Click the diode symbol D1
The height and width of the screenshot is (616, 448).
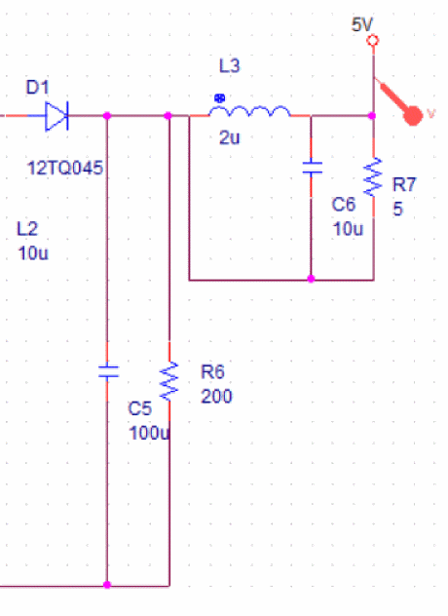pyautogui.click(x=56, y=116)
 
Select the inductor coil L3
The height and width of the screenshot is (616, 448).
pyautogui.click(x=249, y=111)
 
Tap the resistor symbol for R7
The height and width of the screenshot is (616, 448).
pyautogui.click(x=373, y=176)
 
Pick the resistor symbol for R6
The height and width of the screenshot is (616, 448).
pyautogui.click(x=169, y=381)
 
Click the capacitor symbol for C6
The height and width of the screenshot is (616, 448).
pyautogui.click(x=313, y=168)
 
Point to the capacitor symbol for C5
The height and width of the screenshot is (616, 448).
pyautogui.click(x=108, y=371)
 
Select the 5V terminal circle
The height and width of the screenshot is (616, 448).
pyautogui.click(x=373, y=41)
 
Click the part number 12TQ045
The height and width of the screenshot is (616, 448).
pyautogui.click(x=65, y=169)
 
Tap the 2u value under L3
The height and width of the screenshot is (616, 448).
pyautogui.click(x=229, y=137)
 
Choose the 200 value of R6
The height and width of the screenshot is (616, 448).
pyautogui.click(x=216, y=396)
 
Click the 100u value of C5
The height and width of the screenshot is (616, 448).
pyautogui.click(x=149, y=433)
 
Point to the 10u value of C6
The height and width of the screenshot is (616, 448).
pyautogui.click(x=348, y=229)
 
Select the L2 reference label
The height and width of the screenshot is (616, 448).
pyautogui.click(x=27, y=229)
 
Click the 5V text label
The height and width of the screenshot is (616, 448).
pyautogui.click(x=361, y=24)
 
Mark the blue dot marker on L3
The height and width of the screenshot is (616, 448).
pyautogui.click(x=219, y=98)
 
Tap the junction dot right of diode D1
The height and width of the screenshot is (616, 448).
pyautogui.click(x=107, y=116)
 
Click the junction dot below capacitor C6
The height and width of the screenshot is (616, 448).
pyautogui.click(x=311, y=279)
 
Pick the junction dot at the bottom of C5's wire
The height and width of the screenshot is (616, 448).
pyautogui.click(x=107, y=585)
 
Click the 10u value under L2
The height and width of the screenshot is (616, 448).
pyautogui.click(x=33, y=253)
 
